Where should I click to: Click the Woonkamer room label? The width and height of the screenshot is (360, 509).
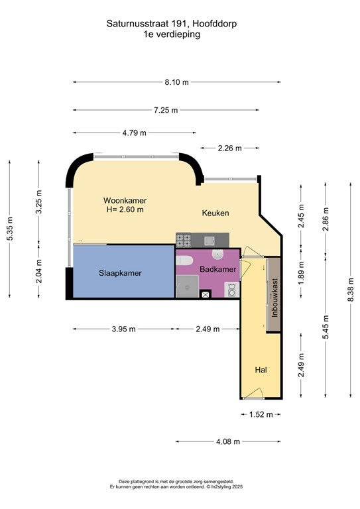[125, 200]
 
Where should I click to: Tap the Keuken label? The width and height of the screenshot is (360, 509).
[215, 213]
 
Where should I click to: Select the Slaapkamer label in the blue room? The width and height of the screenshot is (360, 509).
[120, 273]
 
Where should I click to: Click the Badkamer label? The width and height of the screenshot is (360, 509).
[218, 269]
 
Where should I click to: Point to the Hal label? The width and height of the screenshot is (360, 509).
[261, 370]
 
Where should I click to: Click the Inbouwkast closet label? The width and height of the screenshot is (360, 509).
[274, 298]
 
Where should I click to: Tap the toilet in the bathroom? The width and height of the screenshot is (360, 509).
[184, 260]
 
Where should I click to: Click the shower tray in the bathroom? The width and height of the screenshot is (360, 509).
[187, 286]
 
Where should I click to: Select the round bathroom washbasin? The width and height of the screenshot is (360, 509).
[218, 254]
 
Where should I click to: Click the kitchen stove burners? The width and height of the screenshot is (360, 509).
[184, 240]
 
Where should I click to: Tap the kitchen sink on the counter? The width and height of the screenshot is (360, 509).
[209, 241]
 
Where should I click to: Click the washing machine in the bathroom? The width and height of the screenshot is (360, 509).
[232, 290]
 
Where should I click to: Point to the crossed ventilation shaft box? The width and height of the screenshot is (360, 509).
[206, 295]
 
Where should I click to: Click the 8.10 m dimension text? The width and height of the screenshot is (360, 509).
[176, 82]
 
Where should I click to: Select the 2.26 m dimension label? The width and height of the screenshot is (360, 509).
[230, 148]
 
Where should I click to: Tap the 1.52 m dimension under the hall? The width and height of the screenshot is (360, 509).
[261, 414]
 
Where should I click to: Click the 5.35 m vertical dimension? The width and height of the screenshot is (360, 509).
[10, 229]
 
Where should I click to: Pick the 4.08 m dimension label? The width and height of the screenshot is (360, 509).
[228, 441]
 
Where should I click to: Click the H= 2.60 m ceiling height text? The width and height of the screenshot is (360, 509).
[125, 209]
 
